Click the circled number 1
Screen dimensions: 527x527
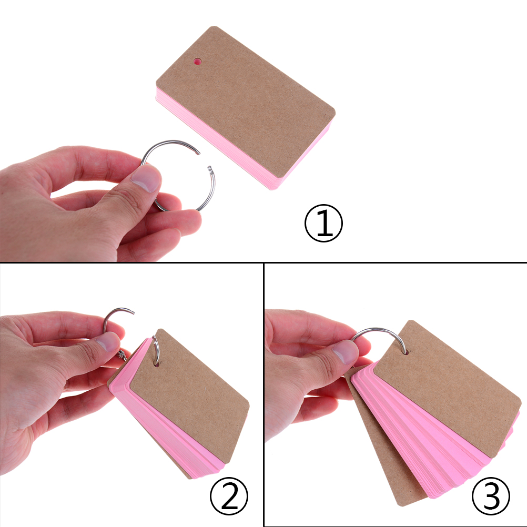pyautogui.click(x=323, y=224)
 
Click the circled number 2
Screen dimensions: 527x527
pyautogui.click(x=229, y=496)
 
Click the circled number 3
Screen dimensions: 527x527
pyautogui.click(x=491, y=496)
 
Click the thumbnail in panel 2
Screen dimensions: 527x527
pyautogui.click(x=107, y=344)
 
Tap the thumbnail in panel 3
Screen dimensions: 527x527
pyautogui.click(x=344, y=352)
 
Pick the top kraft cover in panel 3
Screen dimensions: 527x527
pyautogui.click(x=447, y=388)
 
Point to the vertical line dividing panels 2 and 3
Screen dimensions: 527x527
pyautogui.click(x=264, y=394)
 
